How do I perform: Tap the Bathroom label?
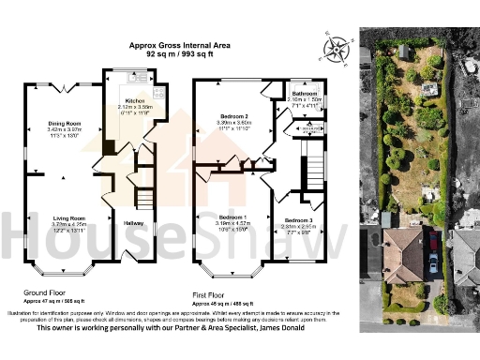pos(306,95)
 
